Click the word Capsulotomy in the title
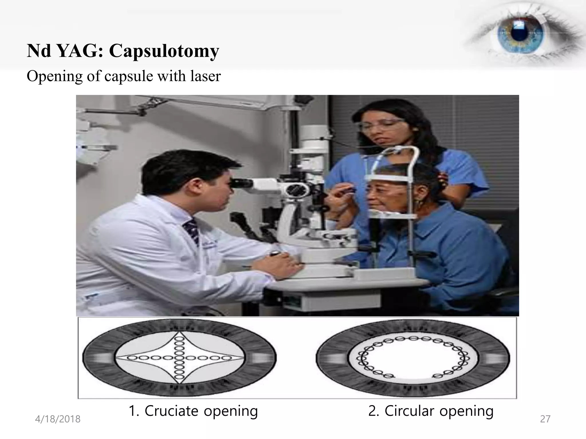point(164,51)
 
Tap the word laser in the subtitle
point(206,76)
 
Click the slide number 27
point(545,419)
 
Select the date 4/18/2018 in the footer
point(58,419)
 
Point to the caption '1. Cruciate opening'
point(193,411)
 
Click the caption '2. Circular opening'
point(431,411)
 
